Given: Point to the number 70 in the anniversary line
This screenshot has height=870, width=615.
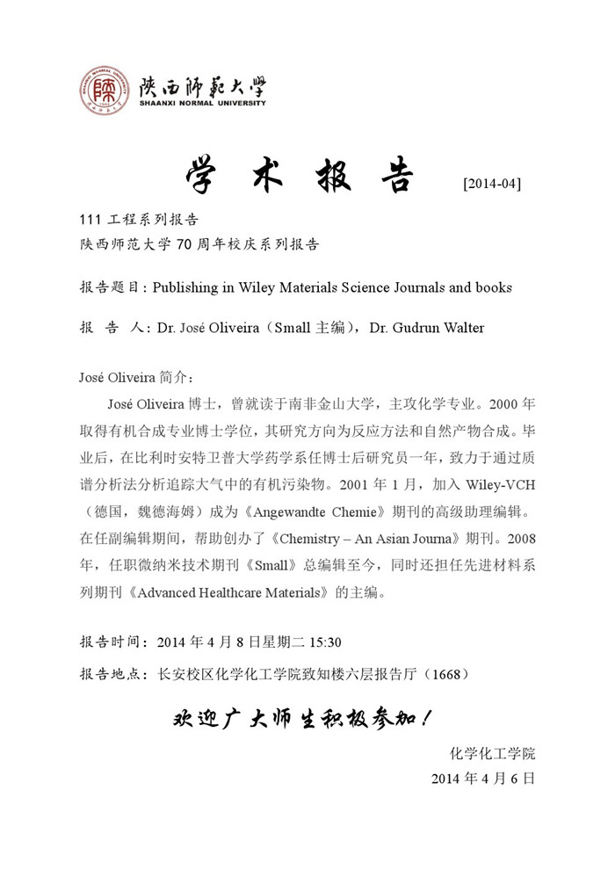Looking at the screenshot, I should [x=184, y=244].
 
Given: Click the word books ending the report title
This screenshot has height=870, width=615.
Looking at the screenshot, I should [x=493, y=287].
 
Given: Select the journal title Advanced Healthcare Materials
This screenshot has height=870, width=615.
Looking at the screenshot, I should [x=233, y=591].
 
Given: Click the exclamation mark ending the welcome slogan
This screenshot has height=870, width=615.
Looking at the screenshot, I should [x=426, y=720].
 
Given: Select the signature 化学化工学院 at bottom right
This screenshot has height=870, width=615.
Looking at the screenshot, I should [x=492, y=753].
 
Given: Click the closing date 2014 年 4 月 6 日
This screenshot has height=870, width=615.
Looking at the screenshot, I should [x=483, y=779].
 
